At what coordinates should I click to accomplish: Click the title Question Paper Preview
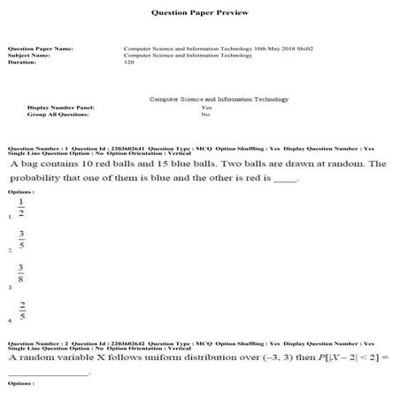(x=200, y=13)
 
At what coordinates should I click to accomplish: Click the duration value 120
(x=129, y=63)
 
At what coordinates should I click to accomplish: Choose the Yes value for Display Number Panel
(x=206, y=107)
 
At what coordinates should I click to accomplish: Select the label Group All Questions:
(x=58, y=114)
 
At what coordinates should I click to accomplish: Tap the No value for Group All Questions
(x=205, y=114)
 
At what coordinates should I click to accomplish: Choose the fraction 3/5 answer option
(x=20, y=241)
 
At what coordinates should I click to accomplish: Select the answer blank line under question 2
(x=49, y=373)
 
